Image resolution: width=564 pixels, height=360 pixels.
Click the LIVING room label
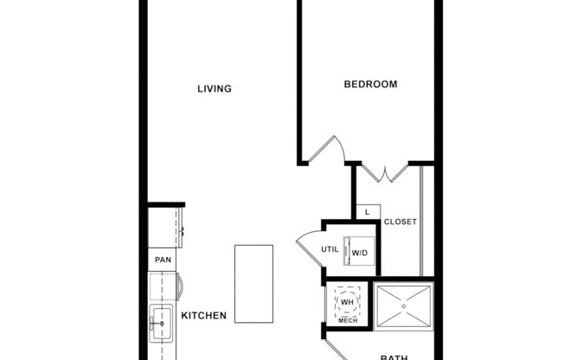tap(215, 88)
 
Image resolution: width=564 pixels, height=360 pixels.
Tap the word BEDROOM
tap(370, 84)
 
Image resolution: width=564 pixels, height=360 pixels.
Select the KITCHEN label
tap(203, 316)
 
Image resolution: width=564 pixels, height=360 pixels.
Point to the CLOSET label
tap(401, 222)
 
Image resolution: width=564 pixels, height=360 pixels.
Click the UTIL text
tap(330, 250)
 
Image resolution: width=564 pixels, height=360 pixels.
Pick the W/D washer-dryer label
tap(359, 253)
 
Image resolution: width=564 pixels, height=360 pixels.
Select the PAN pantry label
tap(162, 260)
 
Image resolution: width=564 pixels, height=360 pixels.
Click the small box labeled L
tap(367, 212)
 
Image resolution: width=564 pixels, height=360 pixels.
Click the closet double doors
tap(383, 172)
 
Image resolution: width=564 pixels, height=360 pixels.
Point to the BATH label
tap(394, 356)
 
